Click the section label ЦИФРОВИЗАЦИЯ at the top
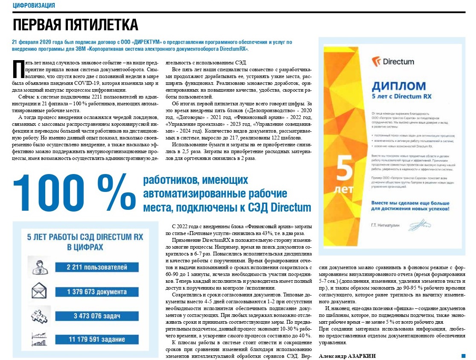click(34, 5)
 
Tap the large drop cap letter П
click(18, 69)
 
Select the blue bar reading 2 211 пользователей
click(97, 267)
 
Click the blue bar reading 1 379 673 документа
click(97, 292)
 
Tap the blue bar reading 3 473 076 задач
click(97, 316)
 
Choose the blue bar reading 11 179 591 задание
click(97, 340)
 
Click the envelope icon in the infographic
click(37, 292)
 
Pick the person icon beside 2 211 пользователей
click(37, 265)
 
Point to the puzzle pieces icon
click(37, 316)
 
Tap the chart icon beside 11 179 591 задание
click(37, 340)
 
